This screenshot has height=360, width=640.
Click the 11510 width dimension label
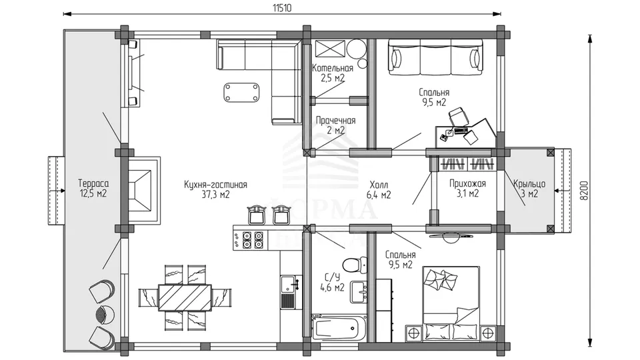282,8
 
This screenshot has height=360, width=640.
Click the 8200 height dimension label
585,191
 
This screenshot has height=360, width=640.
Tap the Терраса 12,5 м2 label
93,189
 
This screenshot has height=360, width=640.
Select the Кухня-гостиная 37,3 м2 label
215,190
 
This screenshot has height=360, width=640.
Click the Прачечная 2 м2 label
335,125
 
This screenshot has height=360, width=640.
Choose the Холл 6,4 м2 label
379,190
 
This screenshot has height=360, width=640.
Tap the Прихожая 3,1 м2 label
468,188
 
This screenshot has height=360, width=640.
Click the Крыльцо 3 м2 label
529,189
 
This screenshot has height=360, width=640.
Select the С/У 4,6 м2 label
332,283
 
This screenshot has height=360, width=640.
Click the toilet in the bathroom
355,265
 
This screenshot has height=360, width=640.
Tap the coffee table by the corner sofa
241,92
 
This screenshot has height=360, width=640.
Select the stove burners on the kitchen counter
253,240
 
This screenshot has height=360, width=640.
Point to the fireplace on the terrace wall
143,189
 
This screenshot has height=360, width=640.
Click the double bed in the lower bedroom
451,303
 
